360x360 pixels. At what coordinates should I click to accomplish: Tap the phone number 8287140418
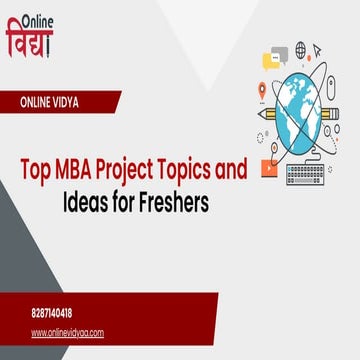52,312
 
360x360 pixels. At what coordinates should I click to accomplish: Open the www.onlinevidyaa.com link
67,332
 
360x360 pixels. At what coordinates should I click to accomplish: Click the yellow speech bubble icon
272,61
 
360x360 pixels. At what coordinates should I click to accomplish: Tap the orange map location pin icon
262,90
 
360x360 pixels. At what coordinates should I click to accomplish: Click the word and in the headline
232,171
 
